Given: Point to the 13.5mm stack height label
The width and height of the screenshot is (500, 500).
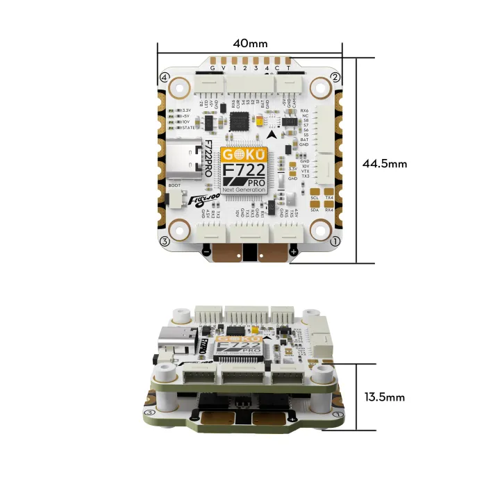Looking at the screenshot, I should click(384, 397).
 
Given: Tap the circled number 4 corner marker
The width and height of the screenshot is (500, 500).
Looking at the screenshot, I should click(165, 76).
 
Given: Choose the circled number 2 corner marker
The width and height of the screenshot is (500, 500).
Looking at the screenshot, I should click(335, 76).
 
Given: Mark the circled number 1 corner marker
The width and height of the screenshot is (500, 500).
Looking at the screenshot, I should click(335, 241).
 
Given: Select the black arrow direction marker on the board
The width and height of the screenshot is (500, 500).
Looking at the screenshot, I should click(279, 135).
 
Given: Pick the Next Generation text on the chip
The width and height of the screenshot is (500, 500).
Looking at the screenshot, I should click(243, 189).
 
